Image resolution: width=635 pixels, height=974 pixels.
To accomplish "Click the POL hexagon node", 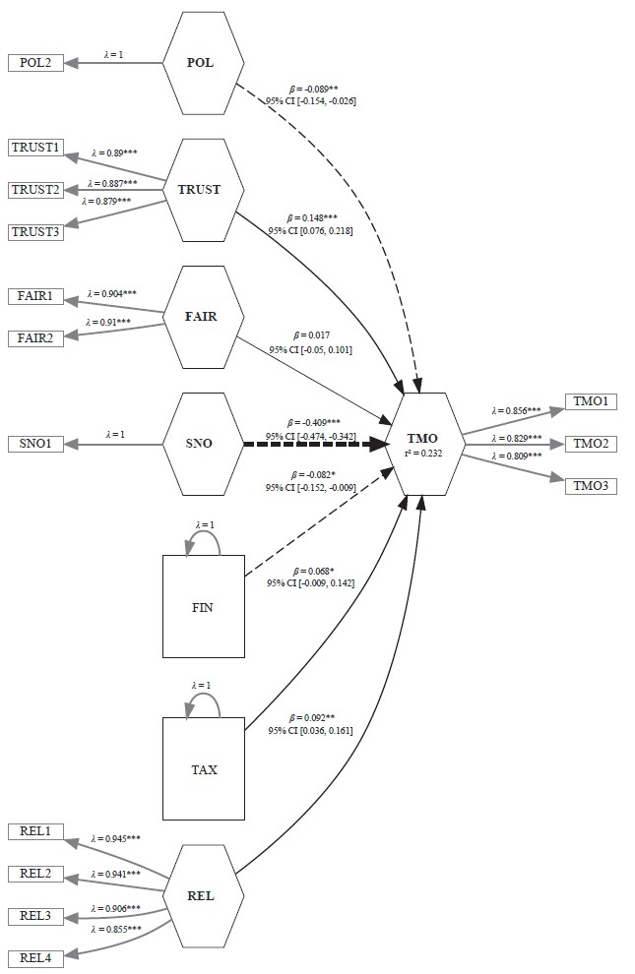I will (202, 63).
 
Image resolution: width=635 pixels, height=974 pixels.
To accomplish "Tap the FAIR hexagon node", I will (202, 317).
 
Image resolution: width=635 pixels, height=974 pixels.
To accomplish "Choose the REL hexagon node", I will (202, 896).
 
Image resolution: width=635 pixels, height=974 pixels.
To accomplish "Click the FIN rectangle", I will (203, 606).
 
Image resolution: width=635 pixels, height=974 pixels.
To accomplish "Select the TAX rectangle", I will (203, 768).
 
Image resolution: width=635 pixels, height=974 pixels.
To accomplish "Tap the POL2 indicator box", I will (36, 63).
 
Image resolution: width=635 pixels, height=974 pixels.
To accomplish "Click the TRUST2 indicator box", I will (36, 190).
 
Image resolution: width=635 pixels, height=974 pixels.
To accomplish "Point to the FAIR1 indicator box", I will (36, 295).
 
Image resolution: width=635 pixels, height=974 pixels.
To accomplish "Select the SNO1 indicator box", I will (36, 444).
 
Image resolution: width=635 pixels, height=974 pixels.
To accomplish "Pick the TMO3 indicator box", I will (591, 486).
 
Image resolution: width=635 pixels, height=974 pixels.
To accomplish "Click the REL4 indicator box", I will (36, 958).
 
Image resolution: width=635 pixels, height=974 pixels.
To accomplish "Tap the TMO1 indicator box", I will (591, 401).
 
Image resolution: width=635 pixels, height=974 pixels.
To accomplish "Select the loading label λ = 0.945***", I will (115, 838).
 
